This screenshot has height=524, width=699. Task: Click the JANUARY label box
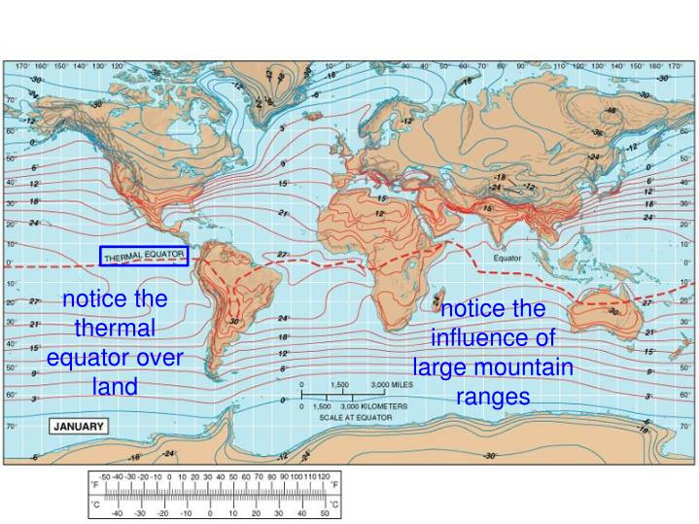click(79, 426)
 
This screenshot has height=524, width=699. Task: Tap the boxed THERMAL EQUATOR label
click(143, 256)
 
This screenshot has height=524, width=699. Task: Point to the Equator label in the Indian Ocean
click(507, 259)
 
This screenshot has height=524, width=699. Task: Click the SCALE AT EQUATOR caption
click(356, 417)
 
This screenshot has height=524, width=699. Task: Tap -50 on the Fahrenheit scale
click(106, 478)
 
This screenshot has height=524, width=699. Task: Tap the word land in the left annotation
click(116, 386)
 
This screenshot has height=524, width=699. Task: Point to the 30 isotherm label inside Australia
click(612, 312)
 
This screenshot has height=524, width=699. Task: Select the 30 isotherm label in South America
click(234, 321)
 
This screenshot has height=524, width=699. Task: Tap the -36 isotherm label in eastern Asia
click(597, 132)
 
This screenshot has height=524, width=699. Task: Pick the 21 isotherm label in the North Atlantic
click(283, 212)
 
